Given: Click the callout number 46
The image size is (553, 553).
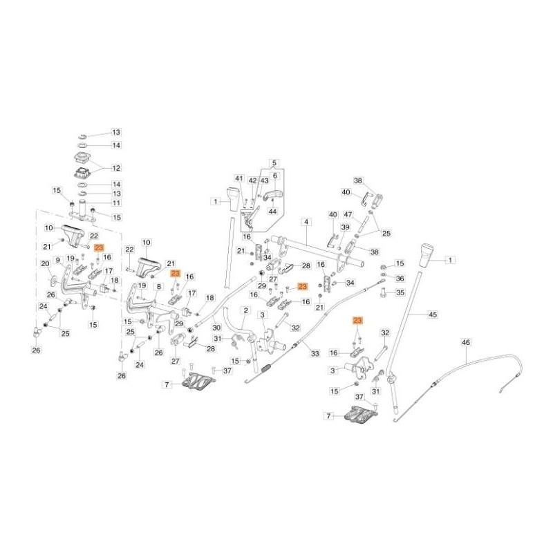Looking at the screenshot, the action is point(466,342).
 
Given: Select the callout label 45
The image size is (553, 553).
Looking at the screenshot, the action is point(433,315).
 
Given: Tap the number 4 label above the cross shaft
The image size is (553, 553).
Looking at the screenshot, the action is point(306,222).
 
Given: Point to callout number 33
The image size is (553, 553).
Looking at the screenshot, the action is point(315,353).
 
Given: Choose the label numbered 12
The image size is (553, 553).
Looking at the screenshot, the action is point(116,168).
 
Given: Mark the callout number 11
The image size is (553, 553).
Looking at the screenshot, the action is point(116,203).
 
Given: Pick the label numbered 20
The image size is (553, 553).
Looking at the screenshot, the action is point(45,264).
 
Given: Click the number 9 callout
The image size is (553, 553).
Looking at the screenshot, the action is point(58,261).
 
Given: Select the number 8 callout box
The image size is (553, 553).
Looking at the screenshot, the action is point(159,287).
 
